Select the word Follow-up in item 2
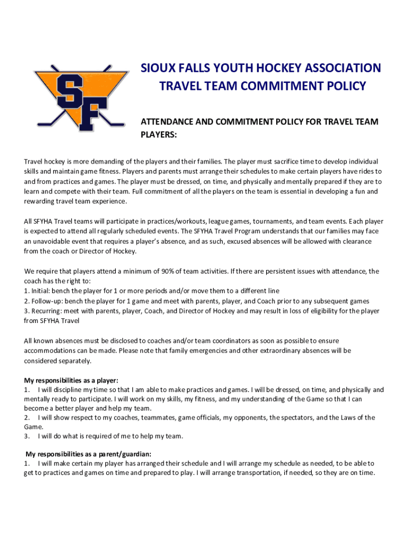click(x=46, y=301)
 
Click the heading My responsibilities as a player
click(x=71, y=380)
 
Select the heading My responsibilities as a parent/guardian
click(x=89, y=454)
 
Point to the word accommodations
click(x=54, y=351)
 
